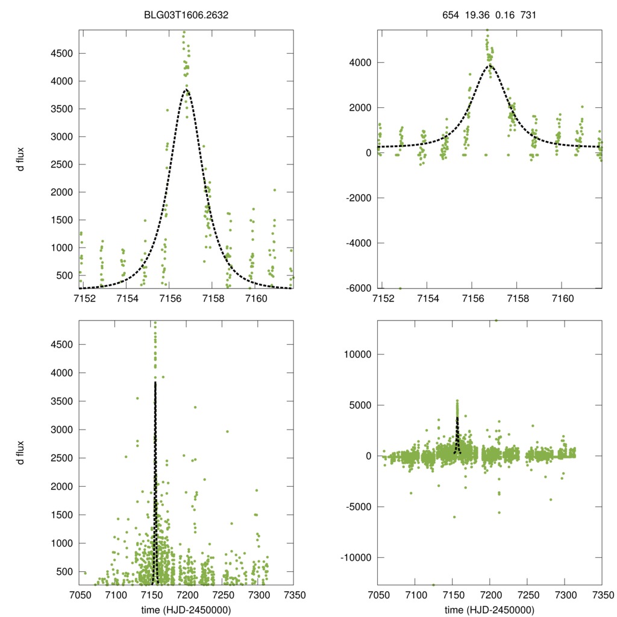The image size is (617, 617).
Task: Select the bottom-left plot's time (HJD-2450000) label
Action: point(187,610)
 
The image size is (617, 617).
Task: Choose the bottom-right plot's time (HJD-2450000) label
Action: point(489,610)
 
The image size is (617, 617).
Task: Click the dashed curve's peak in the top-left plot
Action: point(186,90)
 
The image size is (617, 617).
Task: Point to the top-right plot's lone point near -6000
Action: point(399,288)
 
